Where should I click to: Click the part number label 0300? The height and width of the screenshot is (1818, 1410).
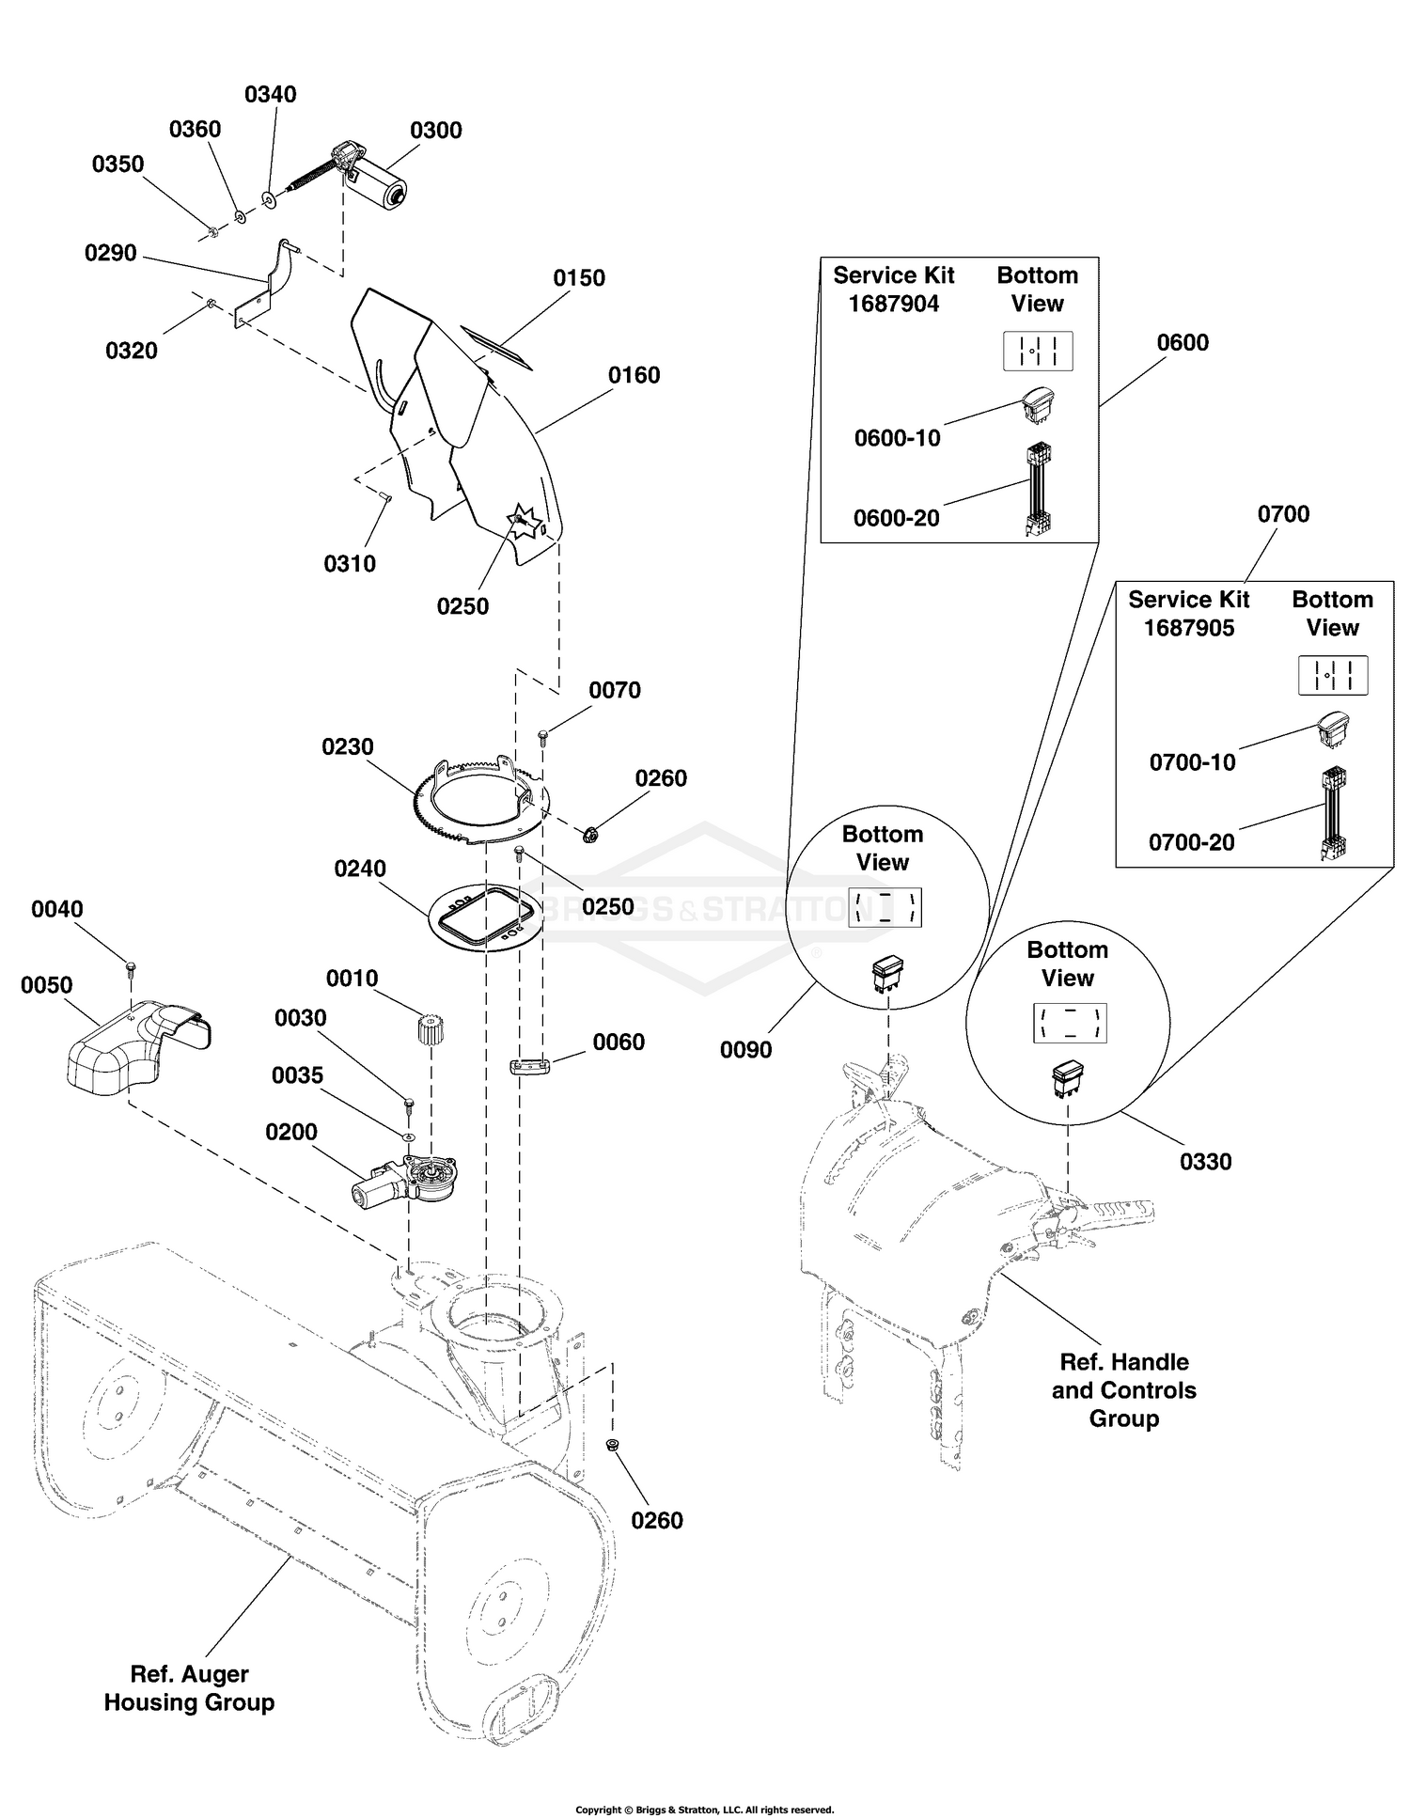pos(436,131)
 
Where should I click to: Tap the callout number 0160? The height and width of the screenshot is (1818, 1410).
pos(634,376)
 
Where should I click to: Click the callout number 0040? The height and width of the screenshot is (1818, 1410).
pos(57,910)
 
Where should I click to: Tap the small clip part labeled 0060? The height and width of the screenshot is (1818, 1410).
pos(532,1065)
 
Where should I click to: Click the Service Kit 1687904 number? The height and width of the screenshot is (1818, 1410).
pos(894,305)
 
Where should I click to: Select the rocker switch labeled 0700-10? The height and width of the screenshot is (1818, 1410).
pos(1333,729)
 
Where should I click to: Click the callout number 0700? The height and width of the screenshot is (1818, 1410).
pos(1283,514)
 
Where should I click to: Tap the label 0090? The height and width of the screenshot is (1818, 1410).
pos(746,1050)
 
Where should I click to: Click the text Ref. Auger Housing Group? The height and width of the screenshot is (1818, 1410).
pos(189,1688)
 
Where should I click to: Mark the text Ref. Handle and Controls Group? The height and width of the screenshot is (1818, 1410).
pos(1124,1390)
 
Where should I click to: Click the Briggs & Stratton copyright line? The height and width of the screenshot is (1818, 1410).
pos(705,1810)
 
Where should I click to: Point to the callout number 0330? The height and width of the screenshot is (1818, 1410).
pos(1206,1162)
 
